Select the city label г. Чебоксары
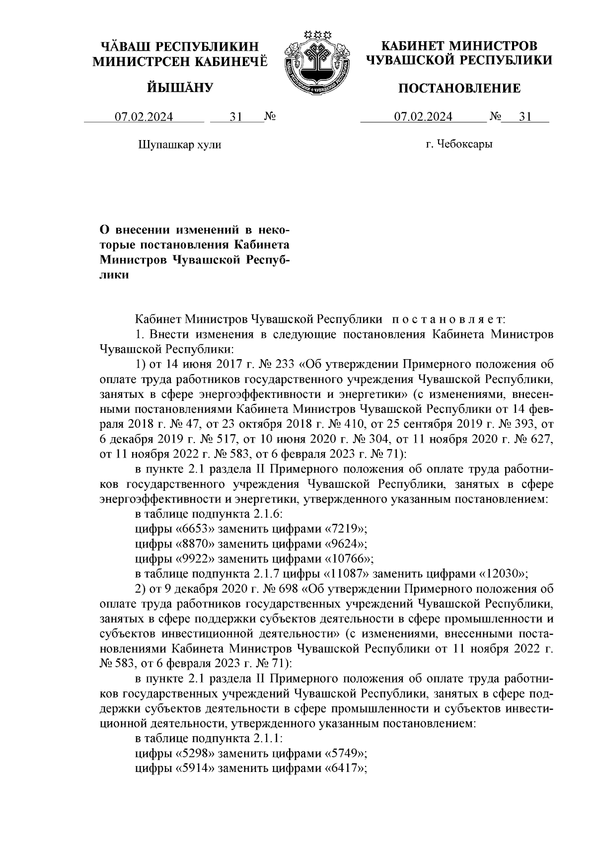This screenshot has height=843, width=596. click(x=459, y=145)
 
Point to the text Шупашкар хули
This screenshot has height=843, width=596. click(x=179, y=145)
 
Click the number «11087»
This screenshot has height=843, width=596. click(x=346, y=574)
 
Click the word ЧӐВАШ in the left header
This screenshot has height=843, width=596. click(x=125, y=47)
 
